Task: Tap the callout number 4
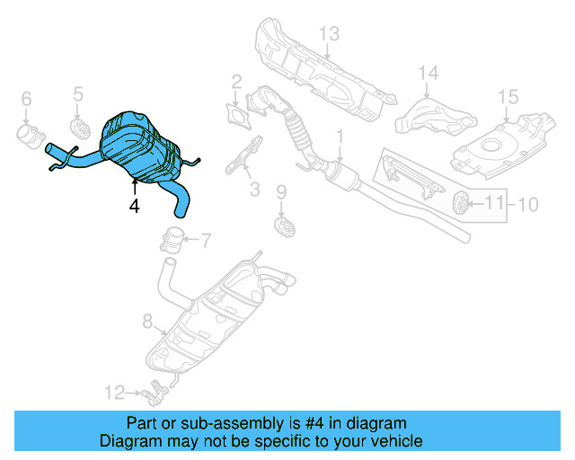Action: pyautogui.click(x=134, y=206)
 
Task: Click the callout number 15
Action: pyautogui.click(x=508, y=95)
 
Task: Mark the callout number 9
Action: pyautogui.click(x=280, y=191)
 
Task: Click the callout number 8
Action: pyautogui.click(x=148, y=319)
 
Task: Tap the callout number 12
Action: pyautogui.click(x=113, y=392)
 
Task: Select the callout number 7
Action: pyautogui.click(x=205, y=240)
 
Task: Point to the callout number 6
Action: pyautogui.click(x=26, y=98)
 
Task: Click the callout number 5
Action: pyautogui.click(x=78, y=93)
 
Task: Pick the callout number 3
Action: pyautogui.click(x=254, y=190)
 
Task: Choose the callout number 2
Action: pyautogui.click(x=236, y=83)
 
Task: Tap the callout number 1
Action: pyautogui.click(x=341, y=137)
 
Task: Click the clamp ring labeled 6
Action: pyautogui.click(x=29, y=137)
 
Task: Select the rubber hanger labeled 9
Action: pyautogui.click(x=283, y=223)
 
